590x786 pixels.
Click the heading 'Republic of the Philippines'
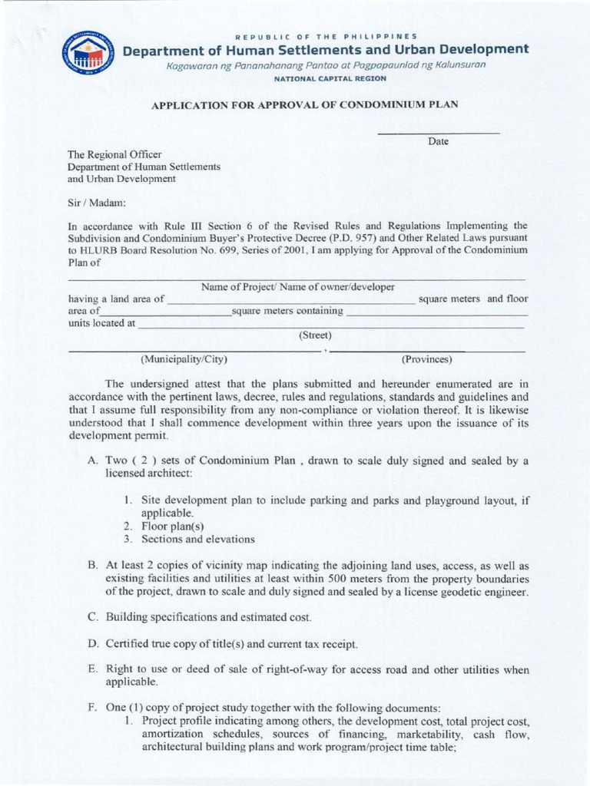[326, 35]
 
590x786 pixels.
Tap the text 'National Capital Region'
[326, 79]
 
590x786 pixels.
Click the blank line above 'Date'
[438, 134]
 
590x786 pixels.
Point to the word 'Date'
[438, 142]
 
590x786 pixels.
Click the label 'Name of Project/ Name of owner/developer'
[298, 287]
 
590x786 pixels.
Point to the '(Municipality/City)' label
[184, 359]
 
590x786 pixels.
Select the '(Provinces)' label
[426, 359]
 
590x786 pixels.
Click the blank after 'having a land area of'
[290, 301]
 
